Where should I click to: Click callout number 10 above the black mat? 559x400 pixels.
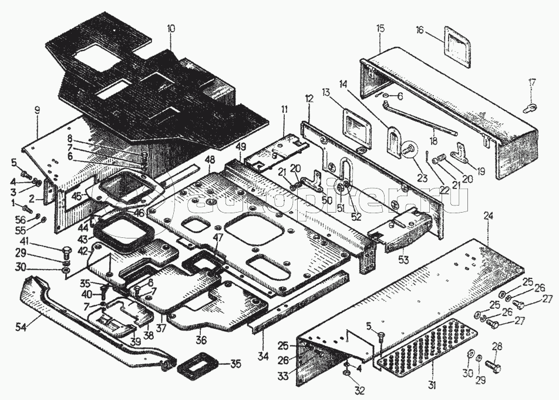click(171, 28)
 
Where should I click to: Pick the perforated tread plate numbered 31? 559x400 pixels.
click(427, 344)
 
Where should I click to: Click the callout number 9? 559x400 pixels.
click(36, 110)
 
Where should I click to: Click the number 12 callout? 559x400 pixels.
click(309, 98)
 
